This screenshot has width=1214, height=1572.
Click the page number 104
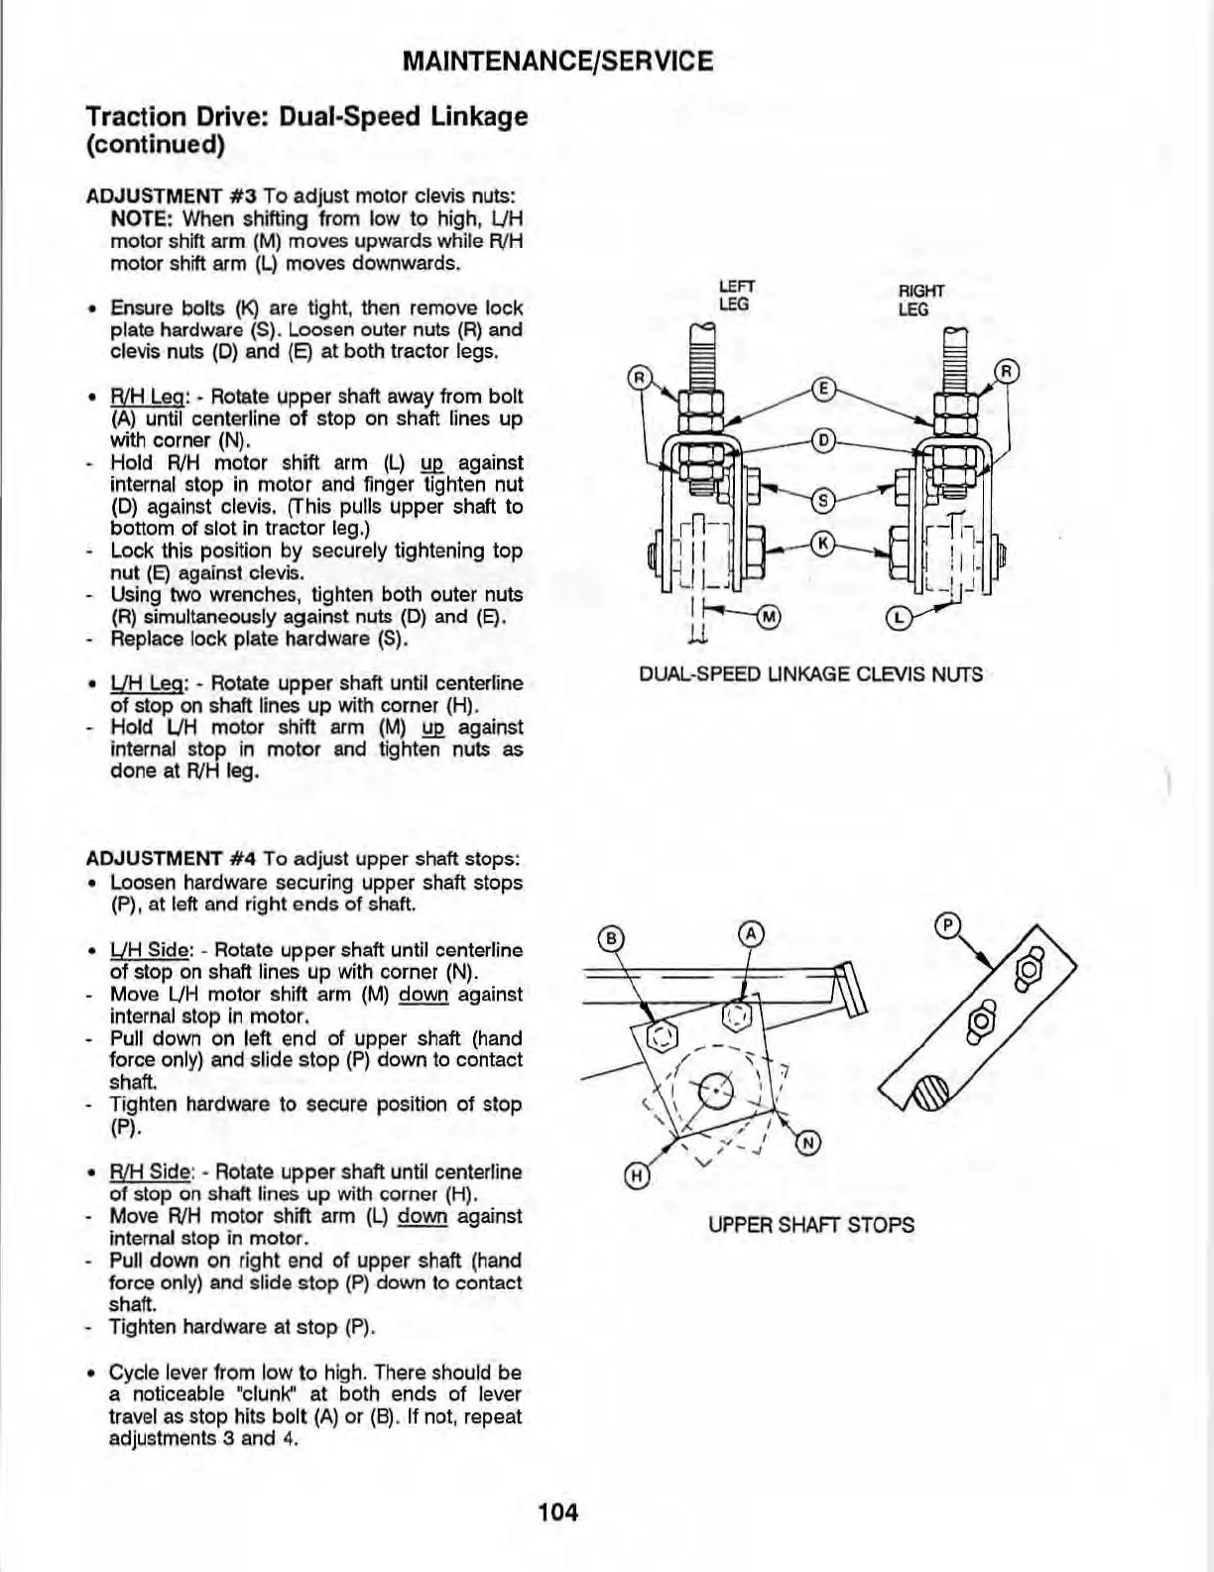(557, 1512)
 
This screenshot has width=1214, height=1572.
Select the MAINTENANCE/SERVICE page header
(558, 61)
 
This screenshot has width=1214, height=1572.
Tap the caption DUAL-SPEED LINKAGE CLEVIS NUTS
(810, 675)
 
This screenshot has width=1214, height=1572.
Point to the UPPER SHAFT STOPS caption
(810, 1225)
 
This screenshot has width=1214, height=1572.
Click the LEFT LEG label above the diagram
(733, 297)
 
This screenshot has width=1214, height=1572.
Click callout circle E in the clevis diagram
(821, 390)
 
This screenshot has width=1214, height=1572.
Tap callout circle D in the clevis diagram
(821, 440)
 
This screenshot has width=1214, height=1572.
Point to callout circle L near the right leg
(898, 619)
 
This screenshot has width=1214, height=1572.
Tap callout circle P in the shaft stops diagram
(948, 926)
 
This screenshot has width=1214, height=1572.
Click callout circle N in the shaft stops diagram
(808, 1144)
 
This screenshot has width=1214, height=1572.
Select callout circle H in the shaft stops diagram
(638, 1177)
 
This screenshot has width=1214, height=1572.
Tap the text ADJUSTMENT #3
(173, 196)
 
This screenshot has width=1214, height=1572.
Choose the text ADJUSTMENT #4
(173, 859)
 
